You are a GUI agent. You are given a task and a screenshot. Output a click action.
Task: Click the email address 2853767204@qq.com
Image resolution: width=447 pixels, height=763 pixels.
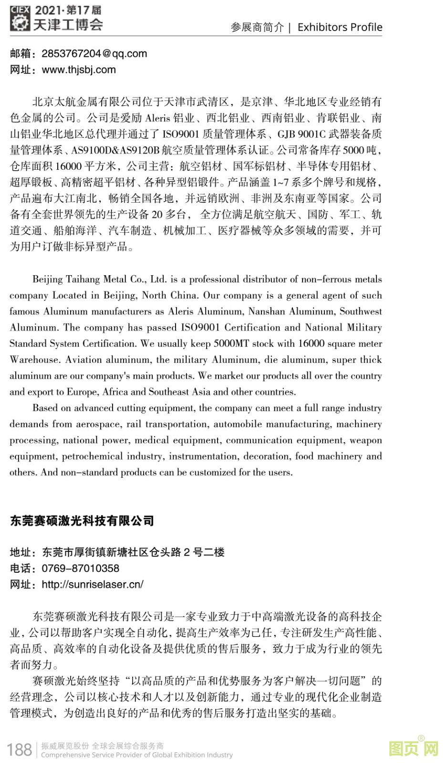[94, 53]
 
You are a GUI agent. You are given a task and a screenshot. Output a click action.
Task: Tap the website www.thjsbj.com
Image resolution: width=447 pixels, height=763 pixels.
[79, 70]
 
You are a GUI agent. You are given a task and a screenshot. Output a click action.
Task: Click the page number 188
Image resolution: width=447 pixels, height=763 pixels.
[20, 749]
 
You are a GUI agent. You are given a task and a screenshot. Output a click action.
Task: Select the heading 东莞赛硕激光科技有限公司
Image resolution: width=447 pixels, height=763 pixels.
[82, 521]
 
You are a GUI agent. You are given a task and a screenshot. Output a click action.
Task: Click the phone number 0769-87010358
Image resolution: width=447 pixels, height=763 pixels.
[80, 568]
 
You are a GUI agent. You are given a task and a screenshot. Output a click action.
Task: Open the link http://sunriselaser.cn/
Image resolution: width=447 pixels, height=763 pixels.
[93, 584]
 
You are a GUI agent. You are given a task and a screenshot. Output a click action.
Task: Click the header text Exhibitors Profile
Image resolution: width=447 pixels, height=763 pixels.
[340, 27]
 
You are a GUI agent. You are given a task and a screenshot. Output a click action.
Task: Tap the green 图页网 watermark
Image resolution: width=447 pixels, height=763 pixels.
[414, 748]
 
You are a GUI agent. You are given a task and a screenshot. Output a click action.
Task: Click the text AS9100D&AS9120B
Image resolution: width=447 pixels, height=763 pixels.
[115, 150]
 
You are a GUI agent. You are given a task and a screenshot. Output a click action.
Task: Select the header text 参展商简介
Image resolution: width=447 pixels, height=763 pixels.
[257, 27]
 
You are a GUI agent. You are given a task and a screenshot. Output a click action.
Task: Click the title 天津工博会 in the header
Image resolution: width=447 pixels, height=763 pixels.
[68, 25]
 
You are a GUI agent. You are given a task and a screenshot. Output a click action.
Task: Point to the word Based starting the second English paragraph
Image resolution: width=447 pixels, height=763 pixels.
[45, 408]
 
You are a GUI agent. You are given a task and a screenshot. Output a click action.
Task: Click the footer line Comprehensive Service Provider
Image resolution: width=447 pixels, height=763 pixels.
[137, 755]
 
